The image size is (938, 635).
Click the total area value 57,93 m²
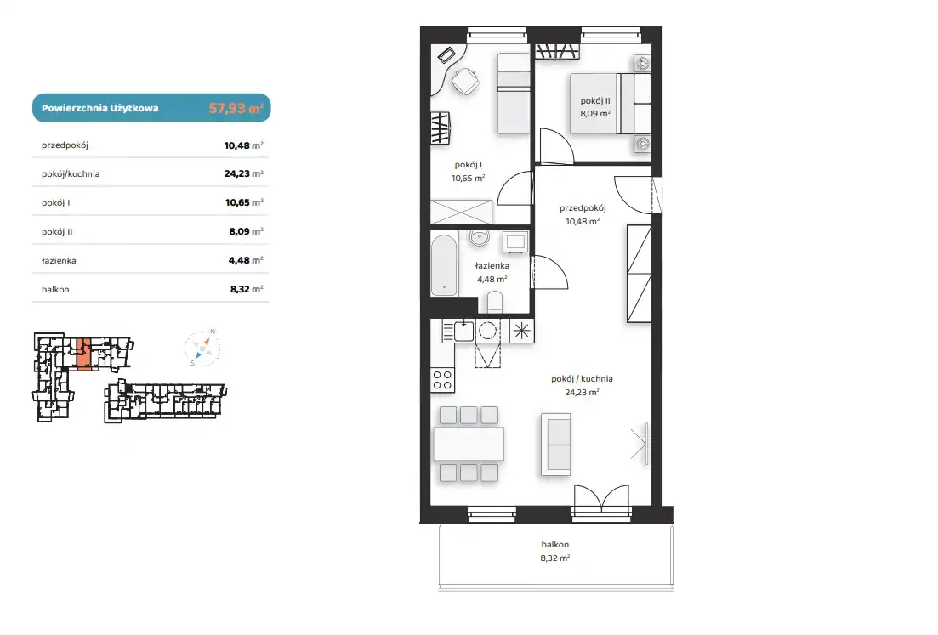(236, 108)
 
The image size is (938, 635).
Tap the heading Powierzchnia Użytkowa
(99, 108)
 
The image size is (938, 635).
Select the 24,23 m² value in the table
(243, 173)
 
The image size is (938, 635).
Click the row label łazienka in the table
(59, 261)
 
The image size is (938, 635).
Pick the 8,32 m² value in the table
(247, 289)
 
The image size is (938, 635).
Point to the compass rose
(202, 348)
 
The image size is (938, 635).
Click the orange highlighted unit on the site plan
(84, 353)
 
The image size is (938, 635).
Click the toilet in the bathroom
(495, 302)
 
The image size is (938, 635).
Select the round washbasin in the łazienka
(479, 237)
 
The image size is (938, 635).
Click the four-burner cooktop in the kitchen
(442, 380)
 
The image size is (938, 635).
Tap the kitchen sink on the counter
(463, 331)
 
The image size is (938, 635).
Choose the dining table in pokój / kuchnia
(469, 443)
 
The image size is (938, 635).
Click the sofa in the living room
(555, 444)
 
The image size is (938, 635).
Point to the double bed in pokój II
(611, 104)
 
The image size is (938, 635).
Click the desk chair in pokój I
(465, 82)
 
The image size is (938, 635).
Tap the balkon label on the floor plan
(555, 545)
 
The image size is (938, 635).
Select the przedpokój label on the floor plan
(583, 208)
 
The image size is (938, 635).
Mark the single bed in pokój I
(514, 94)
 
